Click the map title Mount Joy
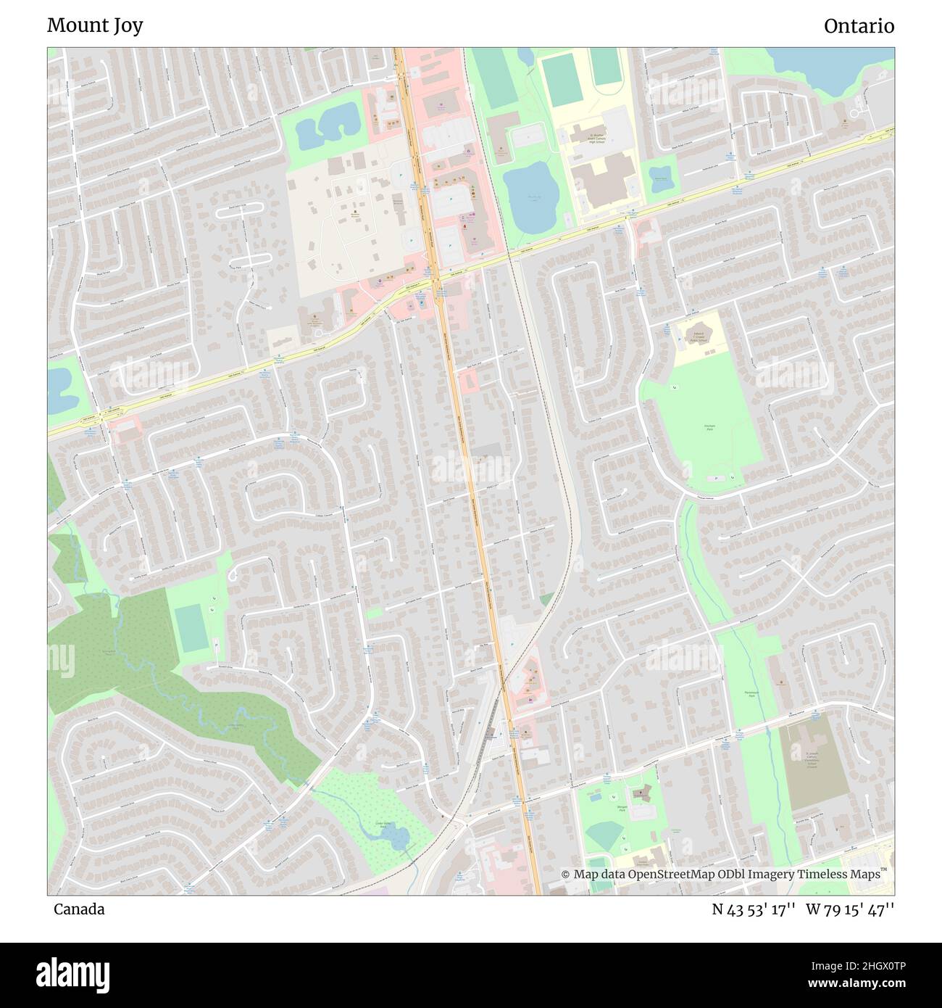[95, 25]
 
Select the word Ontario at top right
[859, 26]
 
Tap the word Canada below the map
[79, 909]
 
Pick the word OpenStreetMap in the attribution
[666, 875]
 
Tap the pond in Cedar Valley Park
[396, 838]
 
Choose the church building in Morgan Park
[641, 795]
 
